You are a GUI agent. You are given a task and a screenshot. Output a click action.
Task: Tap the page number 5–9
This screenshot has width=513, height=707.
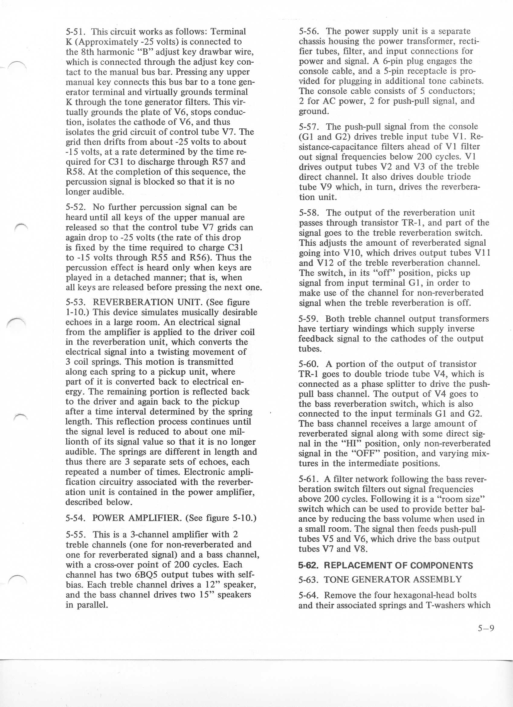pyautogui.click(x=486, y=628)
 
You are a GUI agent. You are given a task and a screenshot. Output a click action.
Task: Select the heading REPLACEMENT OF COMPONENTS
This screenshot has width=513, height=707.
pyautogui.click(x=398, y=566)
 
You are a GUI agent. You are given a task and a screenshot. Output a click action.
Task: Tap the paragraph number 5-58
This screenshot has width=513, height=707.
pyautogui.click(x=308, y=213)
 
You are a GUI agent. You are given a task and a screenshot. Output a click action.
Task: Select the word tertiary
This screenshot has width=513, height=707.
pyautogui.click(x=335, y=329)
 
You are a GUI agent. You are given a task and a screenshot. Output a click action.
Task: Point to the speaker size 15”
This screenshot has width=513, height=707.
pyautogui.click(x=206, y=595)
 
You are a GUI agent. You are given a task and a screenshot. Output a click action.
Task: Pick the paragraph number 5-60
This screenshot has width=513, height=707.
pyautogui.click(x=308, y=364)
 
